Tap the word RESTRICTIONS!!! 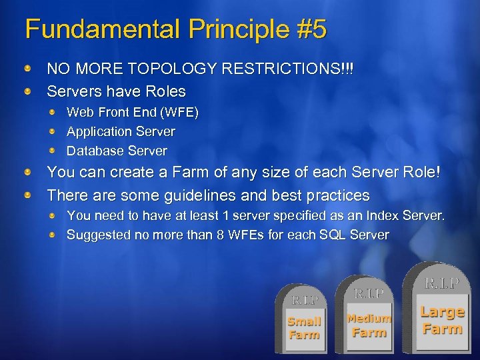coord(295,69)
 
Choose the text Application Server coord(121,132)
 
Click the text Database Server coord(117,151)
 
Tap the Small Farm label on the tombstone coord(304,328)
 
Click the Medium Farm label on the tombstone coord(369,325)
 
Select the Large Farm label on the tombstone coord(441,320)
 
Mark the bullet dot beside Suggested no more coord(58,235)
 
